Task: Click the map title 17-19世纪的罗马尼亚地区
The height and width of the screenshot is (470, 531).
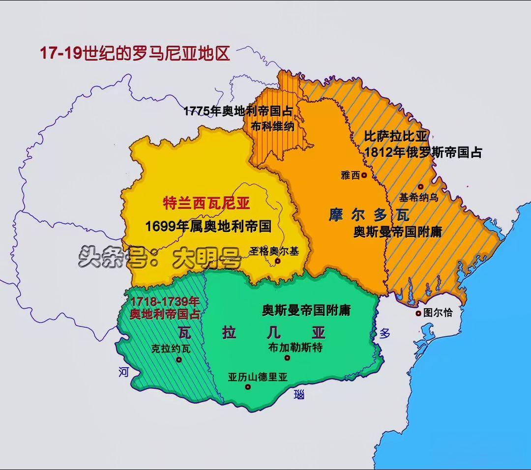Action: (x=135, y=53)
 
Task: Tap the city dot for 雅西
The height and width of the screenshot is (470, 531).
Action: (x=364, y=175)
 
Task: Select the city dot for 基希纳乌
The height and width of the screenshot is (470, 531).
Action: (x=421, y=187)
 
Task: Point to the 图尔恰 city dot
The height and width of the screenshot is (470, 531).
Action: (x=418, y=313)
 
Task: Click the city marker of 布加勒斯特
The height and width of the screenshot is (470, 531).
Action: (x=287, y=358)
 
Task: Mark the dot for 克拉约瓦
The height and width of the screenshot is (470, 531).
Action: (x=179, y=360)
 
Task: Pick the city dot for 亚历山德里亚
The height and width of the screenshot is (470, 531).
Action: (x=248, y=387)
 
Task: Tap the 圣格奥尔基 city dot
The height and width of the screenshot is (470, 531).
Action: (x=277, y=261)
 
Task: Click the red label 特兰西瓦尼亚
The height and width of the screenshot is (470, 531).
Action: (x=206, y=203)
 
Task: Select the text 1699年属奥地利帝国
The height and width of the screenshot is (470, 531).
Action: (x=208, y=226)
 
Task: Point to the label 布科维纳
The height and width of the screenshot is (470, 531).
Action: (x=272, y=126)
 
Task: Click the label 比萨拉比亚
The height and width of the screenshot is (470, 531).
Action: (x=396, y=137)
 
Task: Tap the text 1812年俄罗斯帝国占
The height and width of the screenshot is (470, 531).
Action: (x=423, y=152)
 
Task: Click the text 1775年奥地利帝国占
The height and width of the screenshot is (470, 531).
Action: (x=238, y=111)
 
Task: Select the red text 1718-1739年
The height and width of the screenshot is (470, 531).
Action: (x=164, y=302)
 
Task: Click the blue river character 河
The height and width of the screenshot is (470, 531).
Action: (x=123, y=372)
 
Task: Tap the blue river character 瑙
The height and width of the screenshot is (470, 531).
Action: (x=299, y=394)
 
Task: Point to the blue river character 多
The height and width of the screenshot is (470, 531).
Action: (x=384, y=333)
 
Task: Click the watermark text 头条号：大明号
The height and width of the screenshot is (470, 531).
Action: (x=160, y=257)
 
